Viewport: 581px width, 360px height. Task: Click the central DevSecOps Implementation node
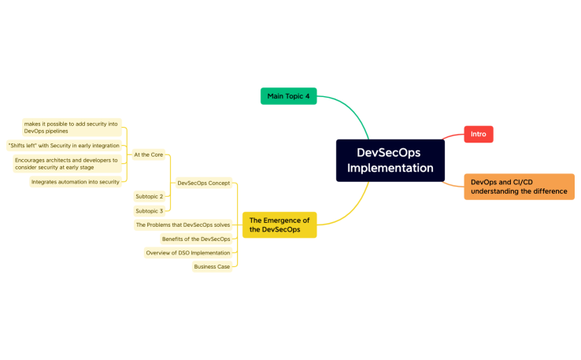click(390, 160)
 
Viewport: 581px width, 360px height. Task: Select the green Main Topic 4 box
click(288, 96)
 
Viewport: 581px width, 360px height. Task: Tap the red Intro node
click(478, 135)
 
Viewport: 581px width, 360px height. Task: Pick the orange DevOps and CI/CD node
click(519, 187)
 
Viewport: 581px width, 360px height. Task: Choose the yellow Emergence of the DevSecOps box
click(279, 225)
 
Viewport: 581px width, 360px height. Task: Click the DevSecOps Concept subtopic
click(204, 183)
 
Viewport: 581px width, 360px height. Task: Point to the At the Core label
click(148, 154)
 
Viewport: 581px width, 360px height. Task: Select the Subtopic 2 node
click(149, 196)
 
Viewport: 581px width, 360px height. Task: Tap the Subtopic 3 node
click(149, 211)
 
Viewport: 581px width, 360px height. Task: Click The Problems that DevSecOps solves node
click(183, 225)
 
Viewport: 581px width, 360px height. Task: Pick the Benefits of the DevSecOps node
click(196, 239)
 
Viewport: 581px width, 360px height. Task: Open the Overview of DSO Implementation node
click(188, 253)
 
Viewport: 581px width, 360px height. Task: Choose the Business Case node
click(212, 267)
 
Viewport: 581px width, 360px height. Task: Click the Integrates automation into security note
click(76, 182)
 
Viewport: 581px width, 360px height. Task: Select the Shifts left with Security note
click(64, 146)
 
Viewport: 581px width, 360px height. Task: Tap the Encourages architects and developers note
click(66, 164)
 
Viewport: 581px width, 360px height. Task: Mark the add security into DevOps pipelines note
click(71, 127)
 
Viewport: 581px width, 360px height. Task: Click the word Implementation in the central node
click(390, 168)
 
